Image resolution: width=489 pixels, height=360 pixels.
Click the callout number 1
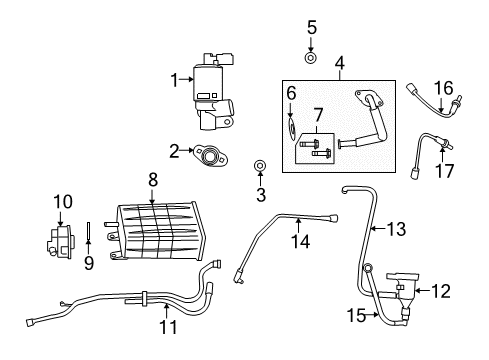[175, 79]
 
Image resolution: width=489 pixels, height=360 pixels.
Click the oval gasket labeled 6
[291, 128]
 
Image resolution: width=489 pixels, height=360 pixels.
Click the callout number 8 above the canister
[153, 180]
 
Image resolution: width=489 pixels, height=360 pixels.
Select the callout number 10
[61, 201]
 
